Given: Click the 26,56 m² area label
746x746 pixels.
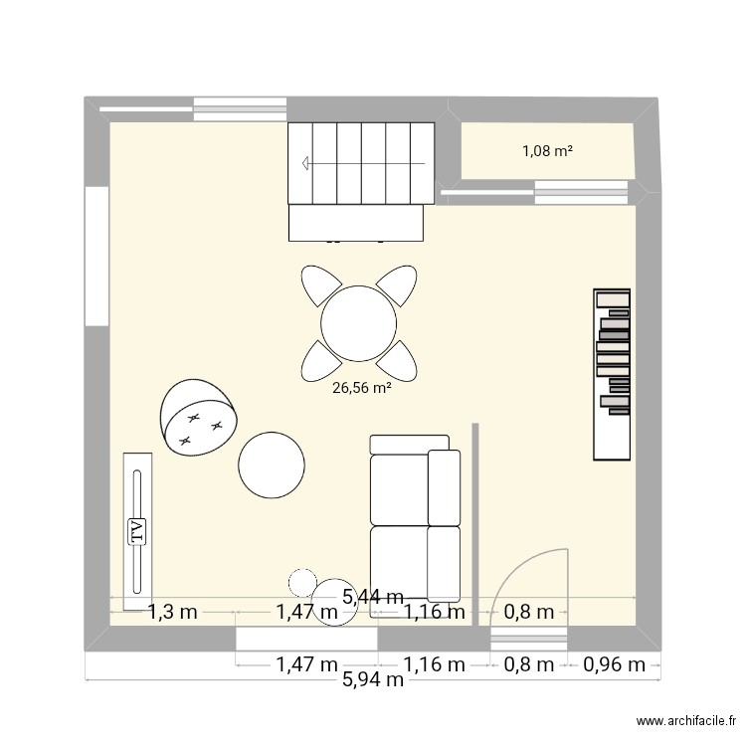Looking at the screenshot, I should pyautogui.click(x=361, y=389).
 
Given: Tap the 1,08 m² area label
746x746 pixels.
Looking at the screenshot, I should pyautogui.click(x=547, y=151).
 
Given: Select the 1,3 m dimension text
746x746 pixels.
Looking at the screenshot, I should pyautogui.click(x=173, y=612).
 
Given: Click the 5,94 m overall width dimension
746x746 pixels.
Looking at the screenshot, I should pyautogui.click(x=373, y=680).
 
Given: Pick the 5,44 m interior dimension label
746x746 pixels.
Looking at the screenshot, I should pyautogui.click(x=373, y=597).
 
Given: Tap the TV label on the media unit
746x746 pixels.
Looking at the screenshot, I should pyautogui.click(x=136, y=531).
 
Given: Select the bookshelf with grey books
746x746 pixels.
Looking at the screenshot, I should pyautogui.click(x=612, y=374).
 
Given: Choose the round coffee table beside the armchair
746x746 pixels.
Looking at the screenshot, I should pyautogui.click(x=272, y=466).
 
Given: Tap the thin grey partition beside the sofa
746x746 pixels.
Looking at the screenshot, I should pyautogui.click(x=475, y=522).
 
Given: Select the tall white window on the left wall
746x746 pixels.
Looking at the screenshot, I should pyautogui.click(x=96, y=255).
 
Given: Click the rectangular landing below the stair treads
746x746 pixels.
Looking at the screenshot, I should pyautogui.click(x=358, y=223).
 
